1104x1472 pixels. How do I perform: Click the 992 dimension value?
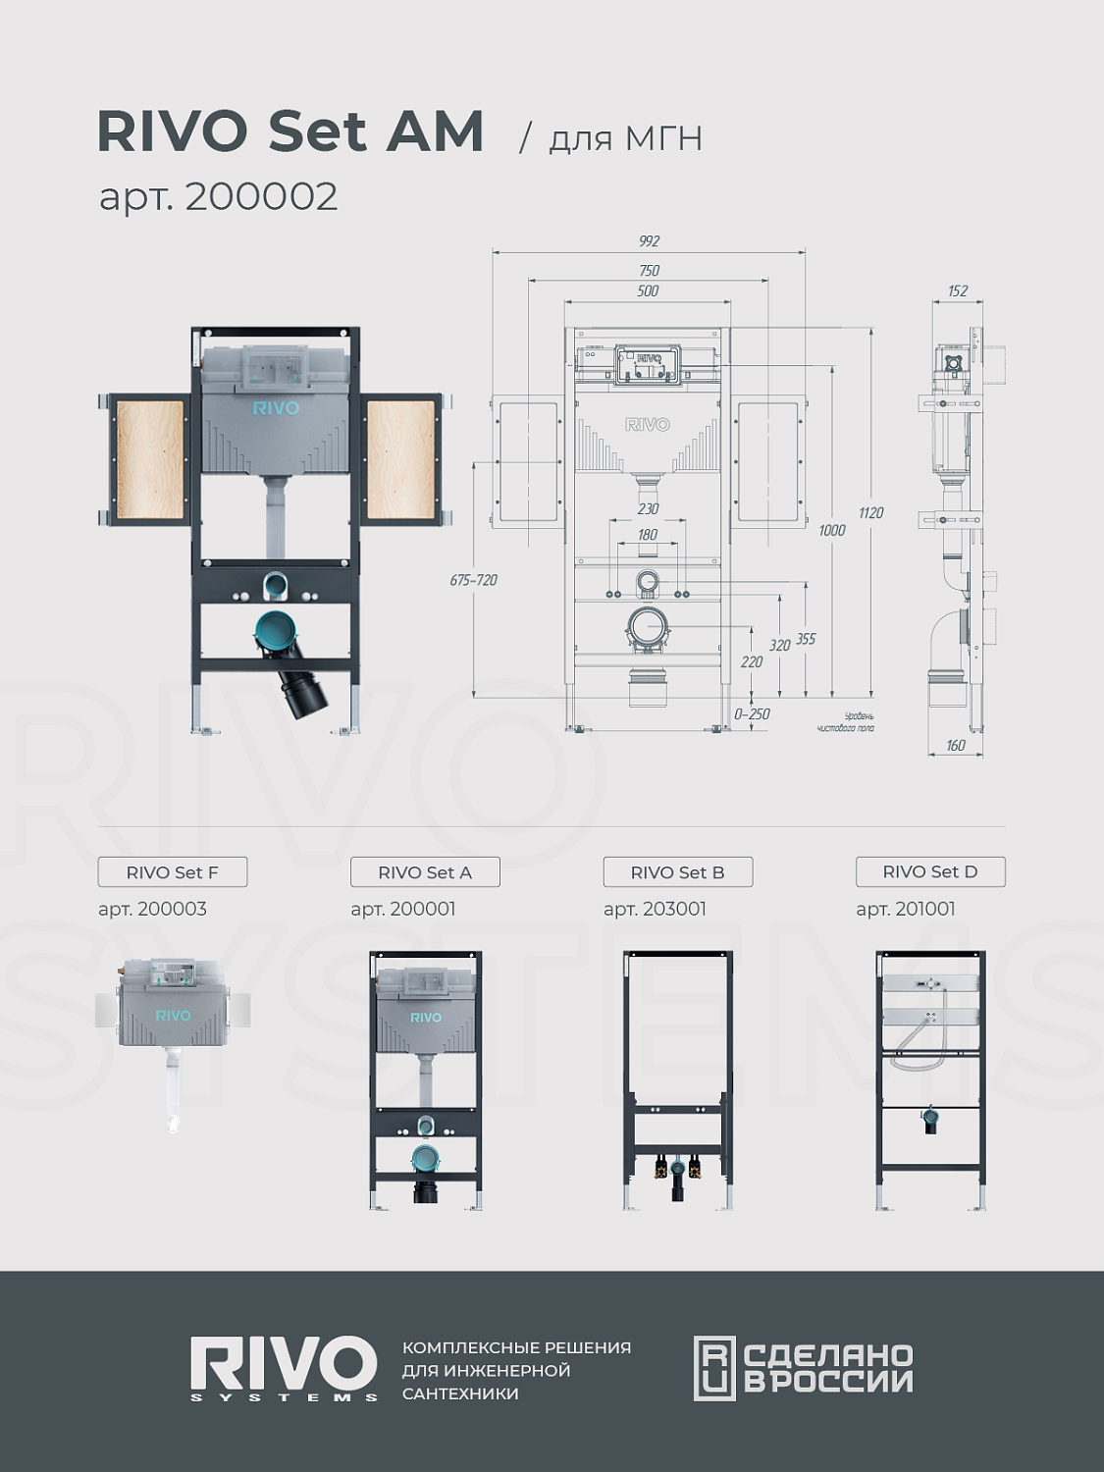[x=649, y=241]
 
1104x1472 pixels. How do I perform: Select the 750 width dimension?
[x=649, y=271]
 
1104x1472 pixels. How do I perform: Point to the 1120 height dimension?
[x=870, y=513]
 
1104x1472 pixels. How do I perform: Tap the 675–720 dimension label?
[x=473, y=580]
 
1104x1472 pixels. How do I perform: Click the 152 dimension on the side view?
[x=957, y=291]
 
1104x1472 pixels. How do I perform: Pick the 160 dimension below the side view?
[x=955, y=745]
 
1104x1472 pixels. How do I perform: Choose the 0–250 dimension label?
[x=752, y=714]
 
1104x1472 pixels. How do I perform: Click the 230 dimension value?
[x=648, y=509]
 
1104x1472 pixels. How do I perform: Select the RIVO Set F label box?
[x=173, y=871]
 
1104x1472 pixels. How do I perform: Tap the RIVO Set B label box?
[x=678, y=871]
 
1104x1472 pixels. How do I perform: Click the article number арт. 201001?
[x=905, y=909]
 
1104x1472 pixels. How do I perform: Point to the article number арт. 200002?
[x=219, y=196]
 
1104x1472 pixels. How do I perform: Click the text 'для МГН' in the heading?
[x=625, y=138]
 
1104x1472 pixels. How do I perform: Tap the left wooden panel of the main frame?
[x=150, y=459]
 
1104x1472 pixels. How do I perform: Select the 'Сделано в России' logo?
[x=803, y=1368]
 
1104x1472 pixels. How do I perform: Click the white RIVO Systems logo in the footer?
[x=284, y=1368]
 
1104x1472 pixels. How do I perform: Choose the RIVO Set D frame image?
[x=930, y=1079]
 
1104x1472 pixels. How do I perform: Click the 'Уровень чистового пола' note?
[x=845, y=722]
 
